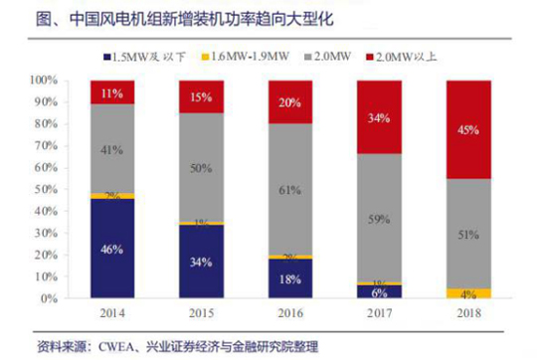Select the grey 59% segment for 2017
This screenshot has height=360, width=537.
pos(378,218)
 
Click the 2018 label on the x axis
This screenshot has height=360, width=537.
pos(468,313)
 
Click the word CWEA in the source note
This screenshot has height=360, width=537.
pos(110,344)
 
